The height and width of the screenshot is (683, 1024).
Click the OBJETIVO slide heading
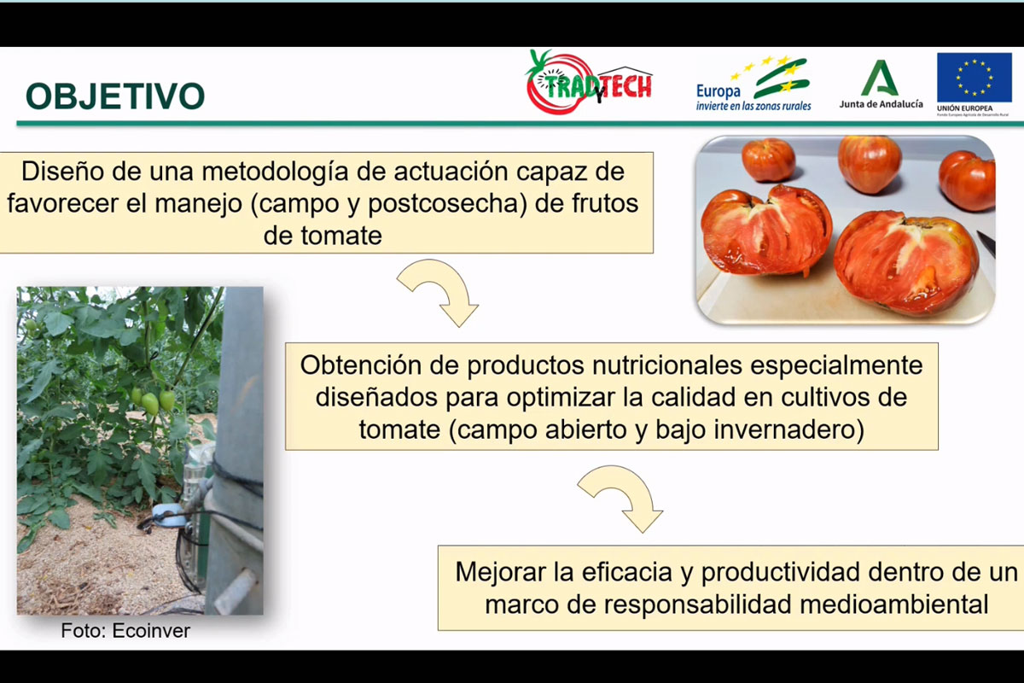coord(114,96)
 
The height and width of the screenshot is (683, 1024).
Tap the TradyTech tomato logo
coord(588,83)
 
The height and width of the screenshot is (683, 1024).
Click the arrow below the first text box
coord(439,291)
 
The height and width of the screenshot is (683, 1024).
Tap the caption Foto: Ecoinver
coord(125,632)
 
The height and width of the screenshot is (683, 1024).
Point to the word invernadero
coord(789,429)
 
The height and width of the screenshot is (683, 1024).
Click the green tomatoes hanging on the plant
coord(154,400)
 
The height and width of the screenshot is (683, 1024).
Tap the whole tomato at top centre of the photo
coord(869,162)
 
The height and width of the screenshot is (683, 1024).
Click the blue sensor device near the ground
coord(168,514)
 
